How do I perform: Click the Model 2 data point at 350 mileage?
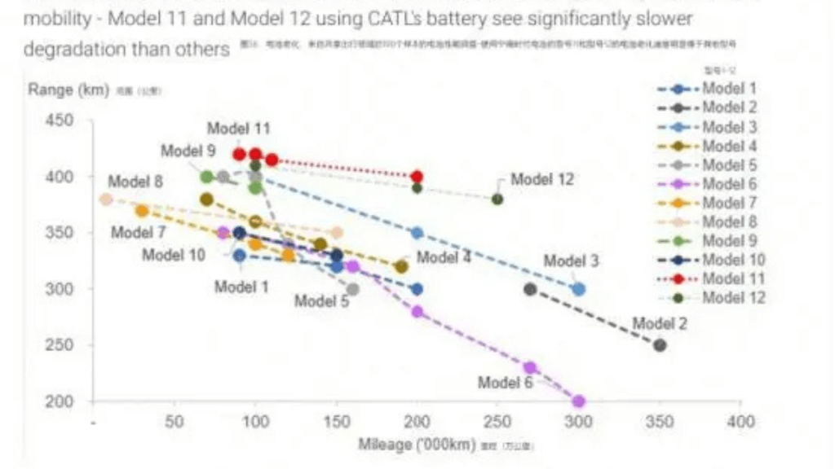click(x=660, y=345)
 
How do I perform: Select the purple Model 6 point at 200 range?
click(x=579, y=401)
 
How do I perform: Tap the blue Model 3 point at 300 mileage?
click(x=579, y=289)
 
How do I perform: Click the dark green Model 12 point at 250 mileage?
click(x=497, y=199)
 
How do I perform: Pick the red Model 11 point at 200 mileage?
click(x=417, y=177)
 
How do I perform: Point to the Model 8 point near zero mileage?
click(x=105, y=199)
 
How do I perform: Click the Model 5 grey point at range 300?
click(x=352, y=289)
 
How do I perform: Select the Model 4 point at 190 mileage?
click(x=401, y=266)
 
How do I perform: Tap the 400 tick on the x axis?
click(x=740, y=423)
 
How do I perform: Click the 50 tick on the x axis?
click(x=175, y=423)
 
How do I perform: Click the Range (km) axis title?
click(x=68, y=90)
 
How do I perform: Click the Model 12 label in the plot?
click(x=544, y=179)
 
